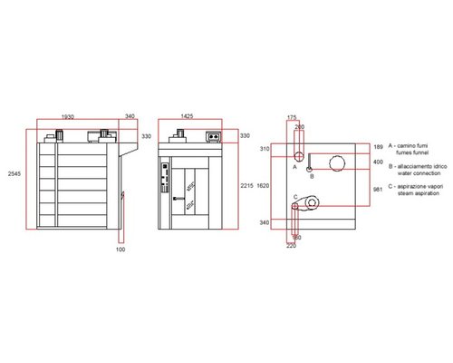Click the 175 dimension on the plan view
[x=292, y=117]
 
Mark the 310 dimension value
[x=267, y=147]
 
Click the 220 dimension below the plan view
[x=292, y=246]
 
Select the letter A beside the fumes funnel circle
[x=295, y=167]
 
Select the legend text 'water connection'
[x=413, y=176]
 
